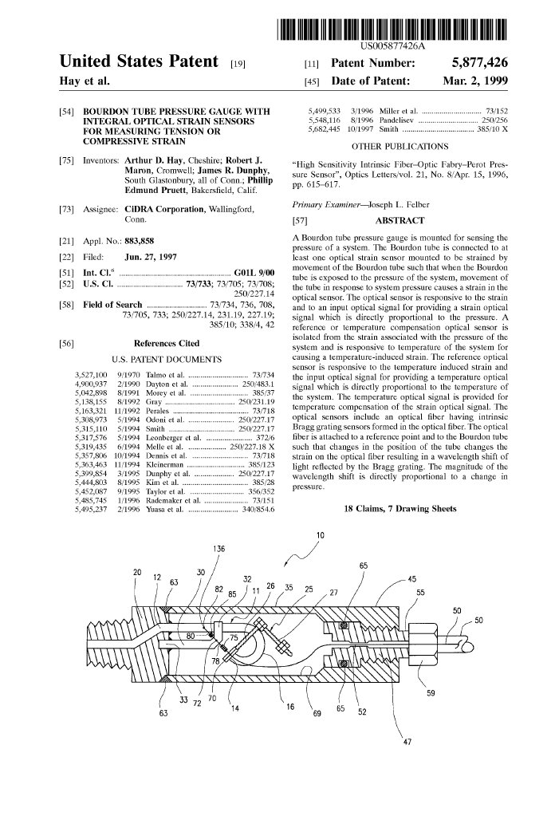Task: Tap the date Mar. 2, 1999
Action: tap(475, 81)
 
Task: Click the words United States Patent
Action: tap(140, 62)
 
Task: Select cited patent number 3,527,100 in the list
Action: tap(90, 374)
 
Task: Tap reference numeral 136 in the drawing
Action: tap(218, 548)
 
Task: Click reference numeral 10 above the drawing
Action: tap(320, 534)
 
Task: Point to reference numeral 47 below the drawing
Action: tap(407, 741)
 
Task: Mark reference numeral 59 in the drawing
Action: tap(431, 693)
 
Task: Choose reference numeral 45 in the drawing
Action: tap(411, 580)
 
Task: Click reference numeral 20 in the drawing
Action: tap(137, 573)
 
